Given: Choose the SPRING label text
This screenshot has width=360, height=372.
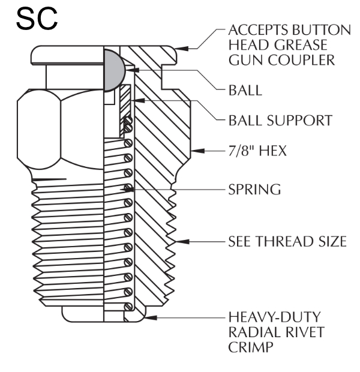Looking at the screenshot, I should coord(254,190).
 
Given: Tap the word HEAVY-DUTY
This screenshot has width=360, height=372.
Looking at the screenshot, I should coord(268,316).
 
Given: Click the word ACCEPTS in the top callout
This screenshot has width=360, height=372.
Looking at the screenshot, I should coord(255,30).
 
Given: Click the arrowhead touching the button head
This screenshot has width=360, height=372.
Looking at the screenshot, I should coord(182,47).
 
